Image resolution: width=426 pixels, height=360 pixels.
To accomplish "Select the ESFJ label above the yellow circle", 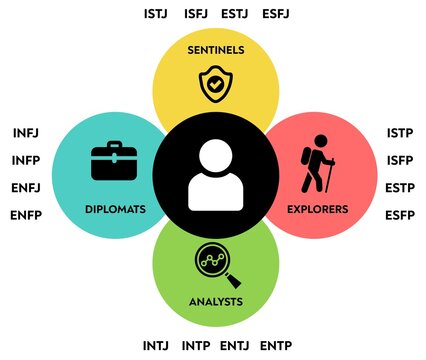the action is pos(276,15).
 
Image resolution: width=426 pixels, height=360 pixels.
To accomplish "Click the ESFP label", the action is pos(400,215).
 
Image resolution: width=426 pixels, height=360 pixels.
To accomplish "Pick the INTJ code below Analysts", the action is pos(157,346).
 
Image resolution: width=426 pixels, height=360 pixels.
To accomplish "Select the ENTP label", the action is pos(276,346).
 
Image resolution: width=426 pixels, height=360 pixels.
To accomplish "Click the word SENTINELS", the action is pos(215,49).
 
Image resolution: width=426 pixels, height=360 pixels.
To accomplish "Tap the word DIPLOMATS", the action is pos(117,210).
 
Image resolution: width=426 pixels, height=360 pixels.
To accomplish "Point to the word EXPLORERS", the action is pos(318,210).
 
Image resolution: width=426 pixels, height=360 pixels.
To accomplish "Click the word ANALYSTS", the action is pos(215,300).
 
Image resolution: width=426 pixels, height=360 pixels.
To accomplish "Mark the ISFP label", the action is pos(400,160).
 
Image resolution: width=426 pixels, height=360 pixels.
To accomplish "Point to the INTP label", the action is pos(196,346).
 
